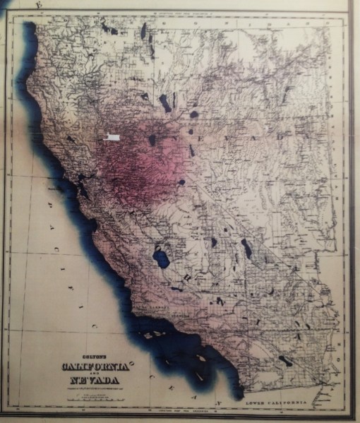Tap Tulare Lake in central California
click(162, 258)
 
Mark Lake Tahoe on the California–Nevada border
click(152, 140)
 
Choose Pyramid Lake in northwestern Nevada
click(165, 103)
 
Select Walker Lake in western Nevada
click(191, 150)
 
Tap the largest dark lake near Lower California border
click(284, 361)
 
